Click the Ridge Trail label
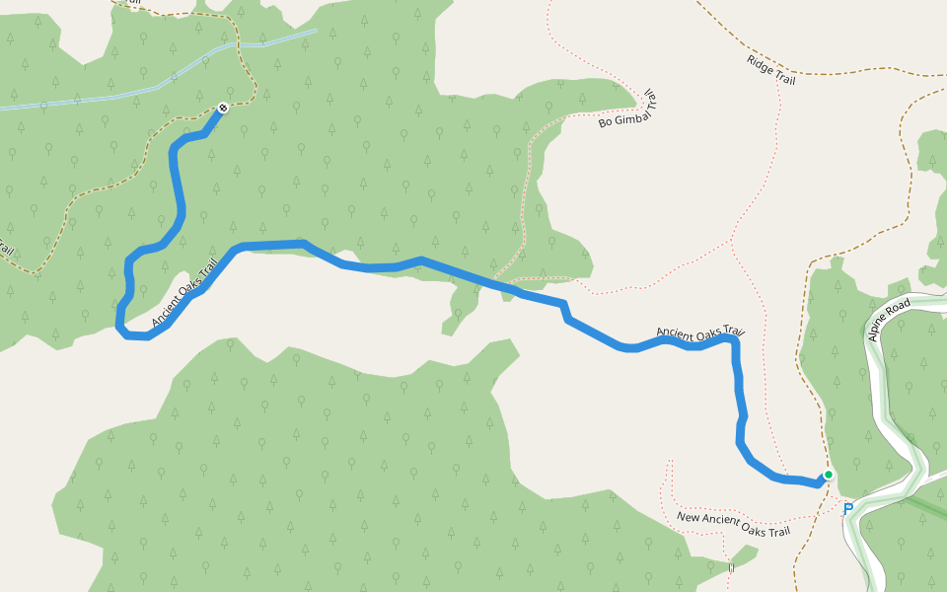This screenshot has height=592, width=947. (771, 70)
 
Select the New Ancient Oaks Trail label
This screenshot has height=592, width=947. (734, 524)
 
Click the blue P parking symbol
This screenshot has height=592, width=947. (847, 509)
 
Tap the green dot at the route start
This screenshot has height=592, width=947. (829, 475)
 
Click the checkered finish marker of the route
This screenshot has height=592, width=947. (224, 108)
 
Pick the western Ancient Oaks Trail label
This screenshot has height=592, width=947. (183, 294)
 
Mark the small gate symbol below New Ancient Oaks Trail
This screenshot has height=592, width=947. (732, 568)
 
